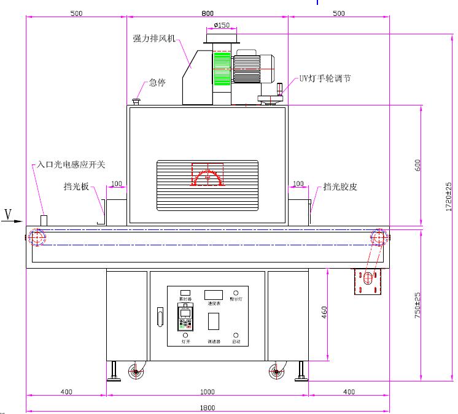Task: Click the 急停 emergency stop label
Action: (157, 82)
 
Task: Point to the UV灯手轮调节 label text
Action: (325, 79)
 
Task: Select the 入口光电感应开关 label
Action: (71, 164)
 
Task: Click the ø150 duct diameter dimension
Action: (222, 25)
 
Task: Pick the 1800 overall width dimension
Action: (208, 407)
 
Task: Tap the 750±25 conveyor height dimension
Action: (417, 304)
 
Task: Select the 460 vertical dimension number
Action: (324, 313)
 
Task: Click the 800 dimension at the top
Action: (208, 13)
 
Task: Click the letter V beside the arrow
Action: (8, 214)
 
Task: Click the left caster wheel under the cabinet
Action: (134, 371)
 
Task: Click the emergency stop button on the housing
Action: (136, 100)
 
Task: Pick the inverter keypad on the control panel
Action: (185, 318)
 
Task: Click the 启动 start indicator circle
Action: (236, 335)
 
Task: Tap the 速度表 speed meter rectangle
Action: (214, 294)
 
